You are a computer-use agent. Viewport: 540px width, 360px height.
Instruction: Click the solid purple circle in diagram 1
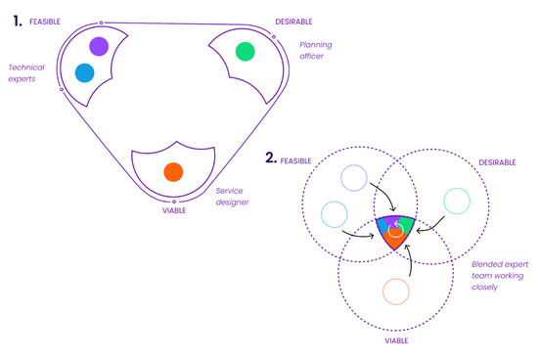click(x=98, y=46)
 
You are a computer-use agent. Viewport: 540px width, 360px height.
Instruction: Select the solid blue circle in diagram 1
click(x=85, y=72)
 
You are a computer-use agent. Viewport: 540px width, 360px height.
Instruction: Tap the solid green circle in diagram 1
click(x=245, y=52)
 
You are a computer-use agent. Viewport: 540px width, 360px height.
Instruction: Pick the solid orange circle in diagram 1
click(x=173, y=172)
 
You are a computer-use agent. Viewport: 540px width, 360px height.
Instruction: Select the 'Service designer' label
click(x=232, y=197)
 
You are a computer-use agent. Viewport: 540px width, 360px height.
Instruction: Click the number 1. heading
click(x=17, y=19)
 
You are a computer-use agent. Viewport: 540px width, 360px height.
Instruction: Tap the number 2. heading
click(x=270, y=157)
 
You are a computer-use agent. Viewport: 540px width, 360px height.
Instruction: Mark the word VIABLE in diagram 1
click(x=174, y=210)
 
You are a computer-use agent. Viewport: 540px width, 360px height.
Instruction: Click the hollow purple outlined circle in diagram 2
click(x=353, y=178)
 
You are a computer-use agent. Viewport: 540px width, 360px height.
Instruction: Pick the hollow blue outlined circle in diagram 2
click(x=334, y=213)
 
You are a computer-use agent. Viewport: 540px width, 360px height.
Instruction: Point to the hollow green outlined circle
click(x=457, y=201)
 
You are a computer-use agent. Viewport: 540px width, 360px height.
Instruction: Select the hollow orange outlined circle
click(x=395, y=292)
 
